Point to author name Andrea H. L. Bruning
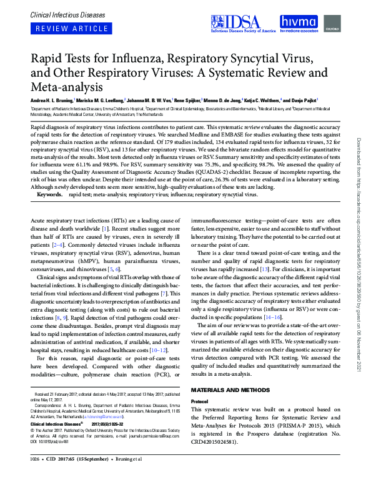51,100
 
